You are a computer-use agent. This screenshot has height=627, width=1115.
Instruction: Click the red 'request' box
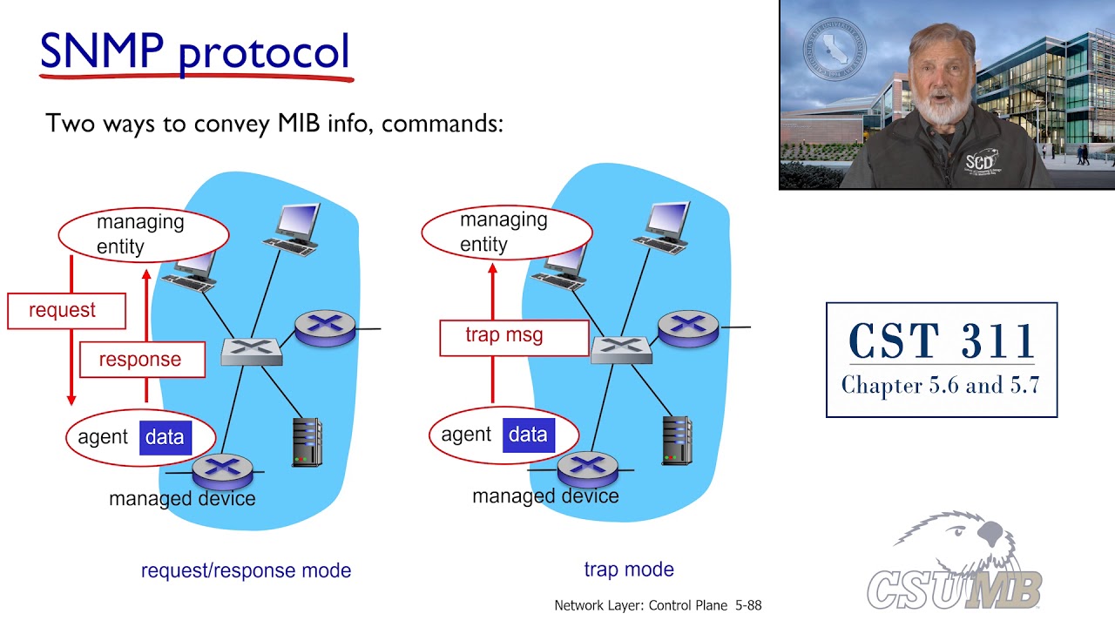pos(67,311)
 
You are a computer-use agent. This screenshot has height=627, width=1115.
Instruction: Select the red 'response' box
pos(142,360)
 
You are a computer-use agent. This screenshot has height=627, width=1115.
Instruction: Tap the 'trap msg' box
pos(514,337)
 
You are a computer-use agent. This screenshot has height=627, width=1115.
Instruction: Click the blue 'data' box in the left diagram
pos(166,437)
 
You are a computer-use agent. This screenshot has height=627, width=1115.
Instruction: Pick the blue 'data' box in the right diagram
pos(529,435)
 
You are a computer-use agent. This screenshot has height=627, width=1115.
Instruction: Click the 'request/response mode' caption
pos(246,570)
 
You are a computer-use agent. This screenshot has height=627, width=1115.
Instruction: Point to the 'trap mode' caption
pos(629,569)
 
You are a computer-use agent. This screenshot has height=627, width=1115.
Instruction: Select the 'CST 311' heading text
pos(942,340)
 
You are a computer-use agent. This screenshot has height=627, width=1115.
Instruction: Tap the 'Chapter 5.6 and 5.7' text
pos(941,386)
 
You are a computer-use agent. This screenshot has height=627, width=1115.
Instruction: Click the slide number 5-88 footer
pos(748,605)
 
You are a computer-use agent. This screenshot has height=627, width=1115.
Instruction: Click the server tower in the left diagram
pos(307,442)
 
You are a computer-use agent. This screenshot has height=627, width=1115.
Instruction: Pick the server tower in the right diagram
pos(677,441)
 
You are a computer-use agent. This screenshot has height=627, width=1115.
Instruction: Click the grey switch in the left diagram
pos(252,351)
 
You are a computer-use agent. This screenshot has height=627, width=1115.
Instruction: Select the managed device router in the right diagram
pos(588,469)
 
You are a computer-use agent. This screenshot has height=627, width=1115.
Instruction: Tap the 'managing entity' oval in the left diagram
pos(144,235)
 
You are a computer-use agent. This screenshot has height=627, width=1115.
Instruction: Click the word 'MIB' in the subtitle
pos(299,123)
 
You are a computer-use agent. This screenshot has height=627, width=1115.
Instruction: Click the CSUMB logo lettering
pos(954,590)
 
